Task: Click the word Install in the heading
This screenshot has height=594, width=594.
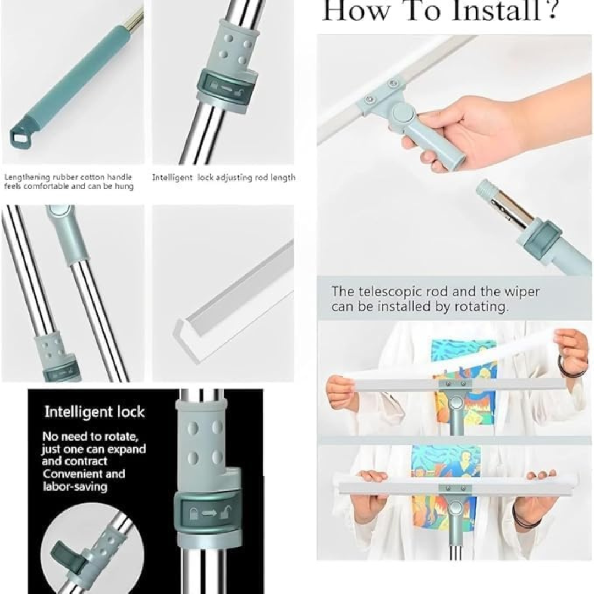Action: point(484,11)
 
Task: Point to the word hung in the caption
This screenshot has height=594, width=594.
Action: point(125,186)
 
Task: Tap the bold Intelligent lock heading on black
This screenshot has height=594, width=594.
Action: point(94,412)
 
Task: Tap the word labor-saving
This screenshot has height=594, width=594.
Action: point(75,487)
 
